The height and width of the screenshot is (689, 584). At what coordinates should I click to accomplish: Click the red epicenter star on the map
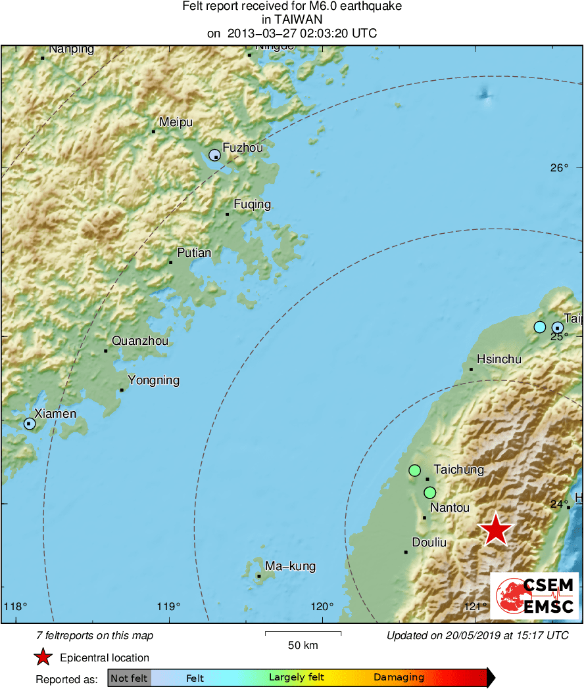(495, 529)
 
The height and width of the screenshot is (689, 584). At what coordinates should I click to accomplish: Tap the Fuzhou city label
(243, 148)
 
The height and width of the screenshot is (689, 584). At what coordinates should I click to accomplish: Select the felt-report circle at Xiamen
(30, 424)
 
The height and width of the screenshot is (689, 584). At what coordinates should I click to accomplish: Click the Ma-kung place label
(290, 566)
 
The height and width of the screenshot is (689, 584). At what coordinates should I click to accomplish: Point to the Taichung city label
(458, 470)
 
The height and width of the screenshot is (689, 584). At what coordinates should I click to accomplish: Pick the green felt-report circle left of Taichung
(414, 470)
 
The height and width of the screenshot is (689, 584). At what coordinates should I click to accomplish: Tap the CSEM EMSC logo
(535, 596)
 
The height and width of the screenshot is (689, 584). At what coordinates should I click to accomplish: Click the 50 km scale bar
(303, 634)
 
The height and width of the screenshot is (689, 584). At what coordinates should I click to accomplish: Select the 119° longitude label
(170, 606)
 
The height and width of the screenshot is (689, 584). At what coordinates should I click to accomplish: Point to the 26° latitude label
(559, 168)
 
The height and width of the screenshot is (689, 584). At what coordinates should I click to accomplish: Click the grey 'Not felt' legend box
(129, 678)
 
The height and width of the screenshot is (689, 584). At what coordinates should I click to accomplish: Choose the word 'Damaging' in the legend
(399, 678)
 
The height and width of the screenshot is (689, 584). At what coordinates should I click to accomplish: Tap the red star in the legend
(43, 657)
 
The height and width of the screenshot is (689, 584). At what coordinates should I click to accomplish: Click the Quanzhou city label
(139, 341)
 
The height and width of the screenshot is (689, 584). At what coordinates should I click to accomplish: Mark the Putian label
(194, 253)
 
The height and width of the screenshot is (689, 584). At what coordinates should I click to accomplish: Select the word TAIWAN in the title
(292, 20)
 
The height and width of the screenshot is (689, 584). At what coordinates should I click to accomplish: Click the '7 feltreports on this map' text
(95, 635)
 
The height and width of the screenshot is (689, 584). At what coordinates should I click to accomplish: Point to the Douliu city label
(429, 543)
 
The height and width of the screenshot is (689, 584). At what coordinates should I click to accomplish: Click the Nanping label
(72, 49)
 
